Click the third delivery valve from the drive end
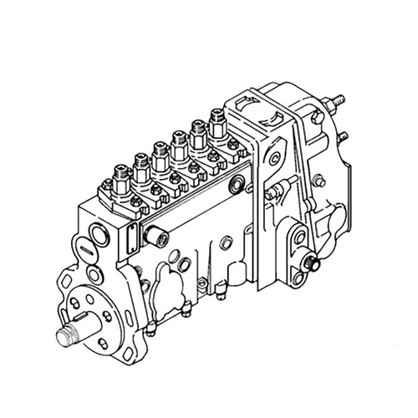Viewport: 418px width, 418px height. tap(161, 150)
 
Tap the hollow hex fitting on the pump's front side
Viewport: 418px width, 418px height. tap(155, 235)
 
